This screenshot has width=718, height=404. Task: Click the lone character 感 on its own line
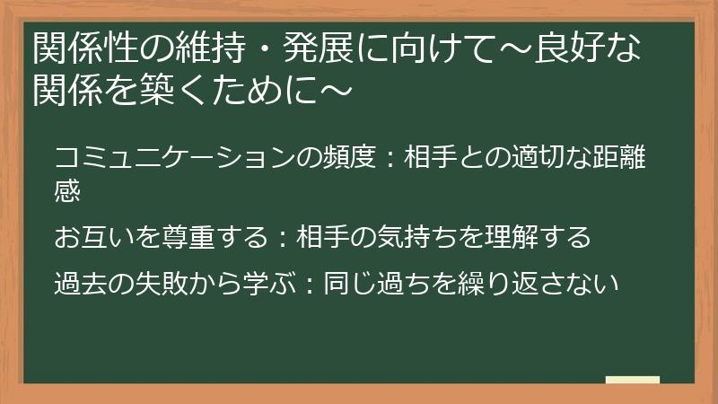click(x=68, y=190)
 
